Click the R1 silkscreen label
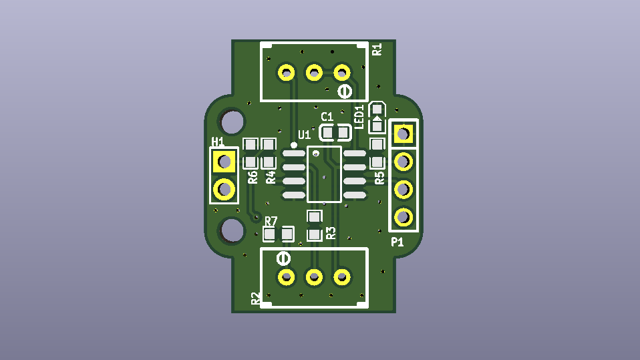tap(377, 49)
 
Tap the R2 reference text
tap(255, 299)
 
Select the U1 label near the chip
tap(305, 135)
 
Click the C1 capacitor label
tap(327, 117)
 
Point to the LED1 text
tap(359, 117)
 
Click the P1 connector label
tap(397, 242)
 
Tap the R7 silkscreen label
tap(271, 222)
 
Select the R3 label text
tap(331, 233)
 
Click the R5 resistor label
tap(379, 178)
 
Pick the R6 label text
tap(253, 177)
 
